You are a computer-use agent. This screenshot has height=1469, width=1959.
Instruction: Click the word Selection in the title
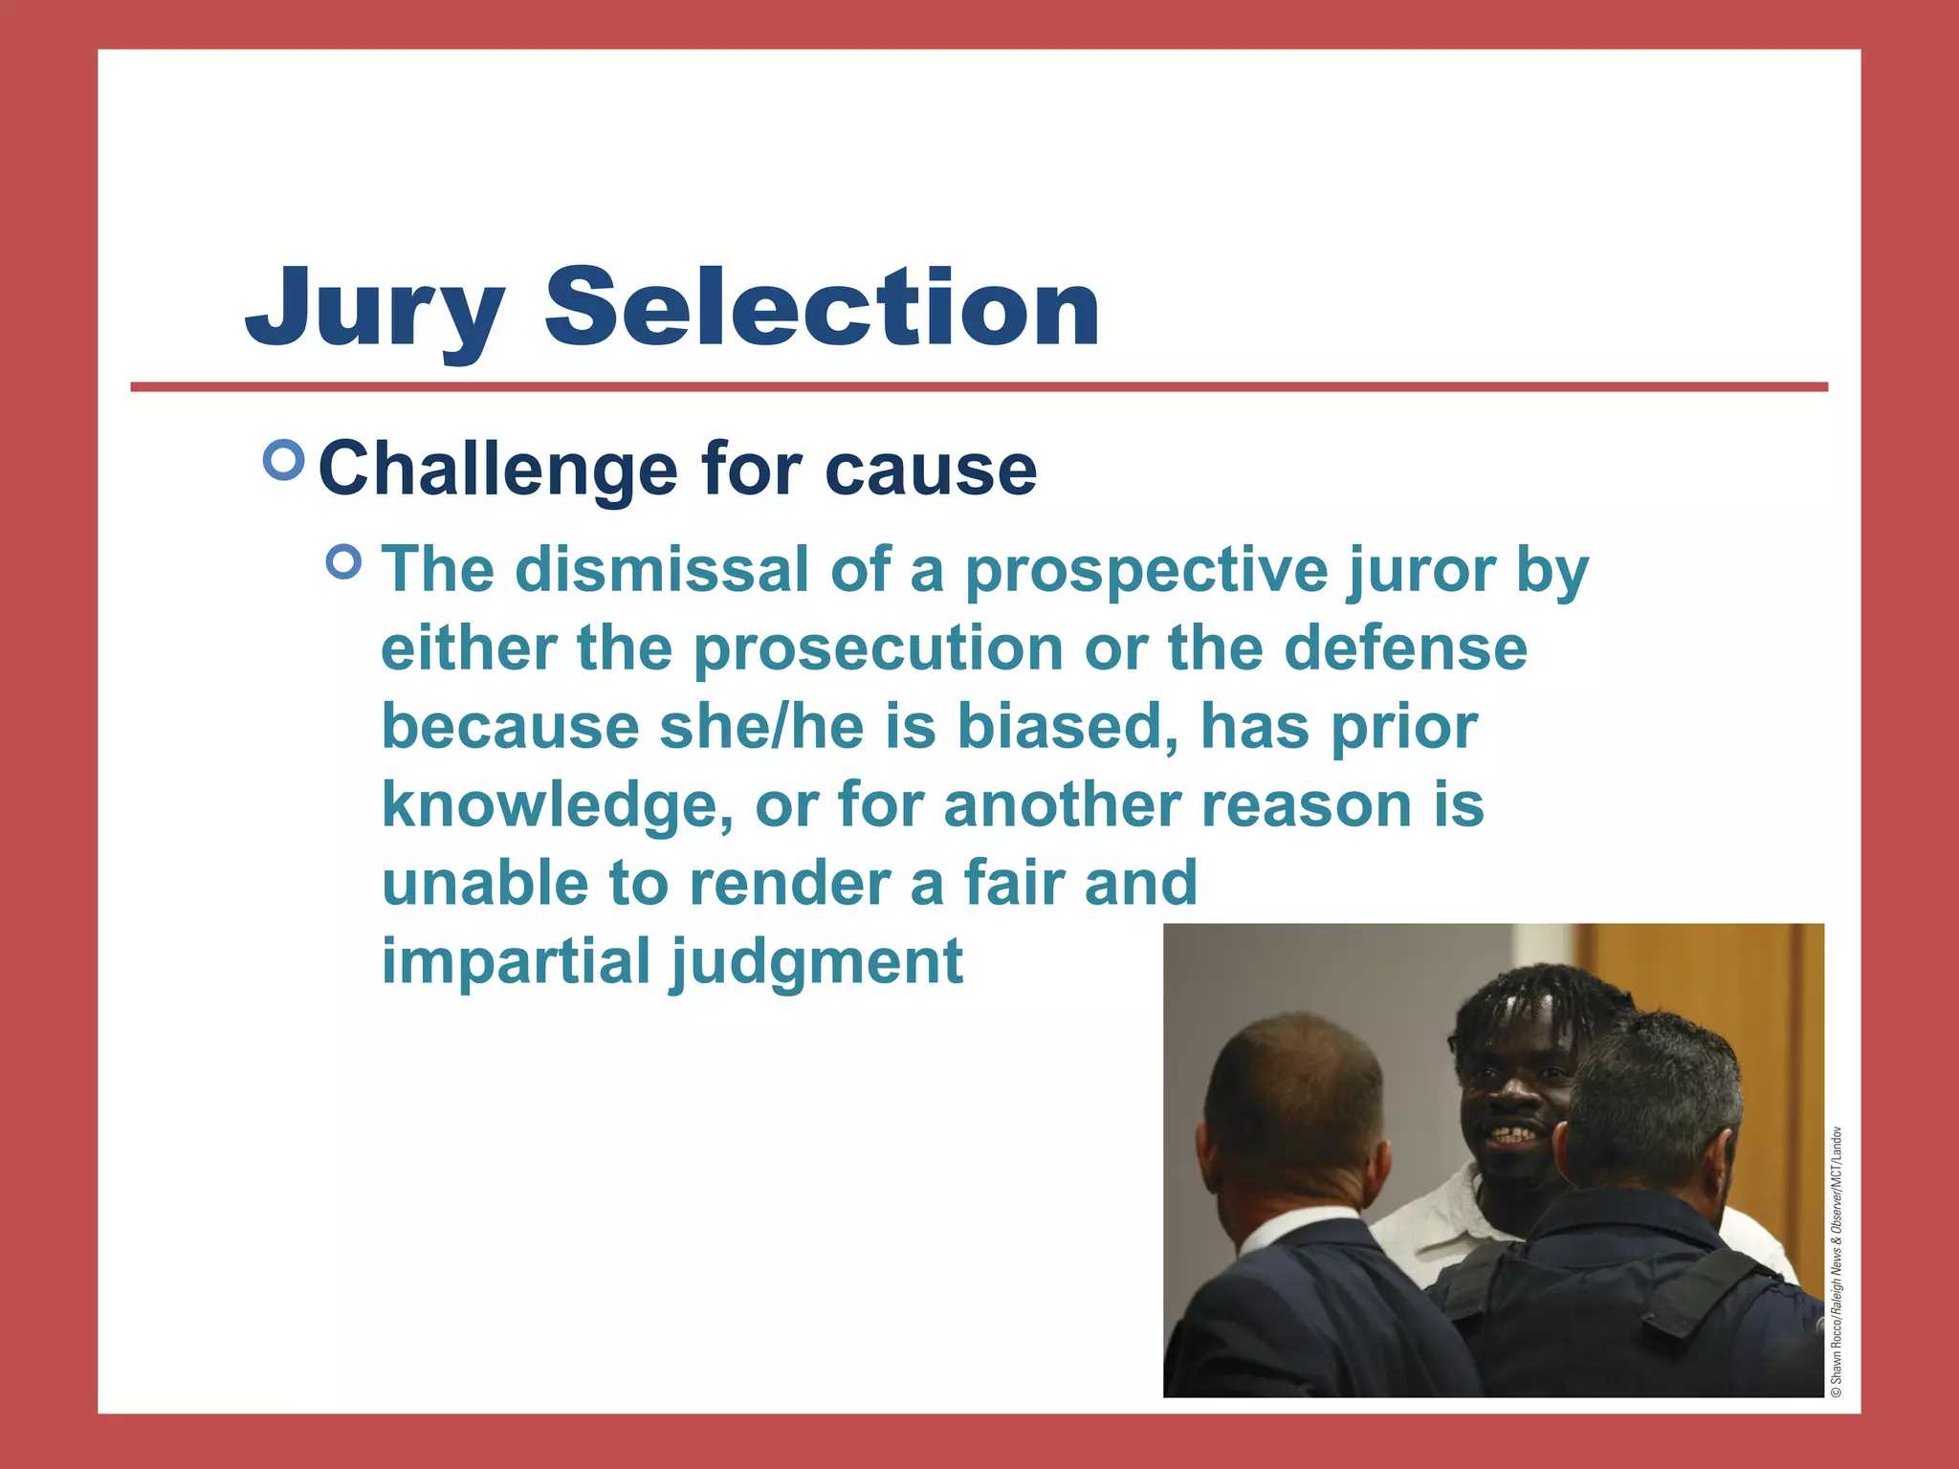pyautogui.click(x=822, y=308)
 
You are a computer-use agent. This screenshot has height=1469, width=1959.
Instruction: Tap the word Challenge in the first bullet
pyautogui.click(x=497, y=471)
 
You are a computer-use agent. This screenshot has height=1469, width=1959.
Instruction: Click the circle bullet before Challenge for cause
pyautogui.click(x=283, y=461)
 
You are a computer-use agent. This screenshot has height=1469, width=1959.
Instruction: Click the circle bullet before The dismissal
pyautogui.click(x=344, y=562)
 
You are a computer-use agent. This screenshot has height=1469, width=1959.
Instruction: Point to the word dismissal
pyautogui.click(x=662, y=570)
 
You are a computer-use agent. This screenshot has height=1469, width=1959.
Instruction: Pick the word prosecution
pyautogui.click(x=877, y=648)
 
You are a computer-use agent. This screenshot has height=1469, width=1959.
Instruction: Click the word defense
pyautogui.click(x=1405, y=648)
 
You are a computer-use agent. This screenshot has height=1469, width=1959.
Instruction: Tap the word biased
pyautogui.click(x=1067, y=727)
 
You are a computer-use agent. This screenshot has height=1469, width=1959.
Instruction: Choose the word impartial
pyautogui.click(x=516, y=962)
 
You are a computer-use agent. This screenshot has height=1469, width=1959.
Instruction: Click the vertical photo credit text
pyautogui.click(x=1836, y=1262)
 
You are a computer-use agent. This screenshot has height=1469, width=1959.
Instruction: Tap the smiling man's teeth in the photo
pyautogui.click(x=1511, y=1136)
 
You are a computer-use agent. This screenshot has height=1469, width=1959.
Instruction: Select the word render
pyautogui.click(x=789, y=884)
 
